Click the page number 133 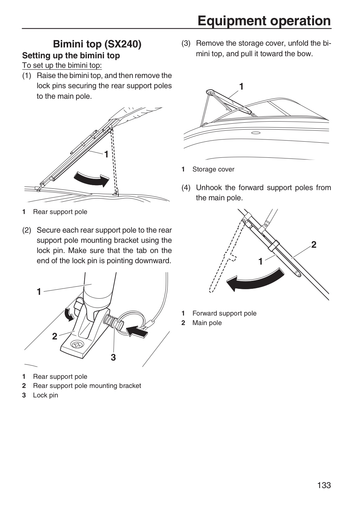coord(324,485)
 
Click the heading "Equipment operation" coord(264,21)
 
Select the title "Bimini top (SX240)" coord(97,44)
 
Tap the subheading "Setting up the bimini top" coord(71,56)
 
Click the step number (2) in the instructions coord(27,230)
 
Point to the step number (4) coord(186,188)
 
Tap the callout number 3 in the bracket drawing coord(113,358)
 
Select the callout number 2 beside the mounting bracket coord(54,336)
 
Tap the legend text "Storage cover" coord(213,169)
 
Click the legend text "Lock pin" coord(45,395)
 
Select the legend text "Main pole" coord(207,323)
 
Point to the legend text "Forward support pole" coord(224,313)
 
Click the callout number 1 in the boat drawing coord(241,87)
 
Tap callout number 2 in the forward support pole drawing coord(314,245)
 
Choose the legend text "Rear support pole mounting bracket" coord(87,385)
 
